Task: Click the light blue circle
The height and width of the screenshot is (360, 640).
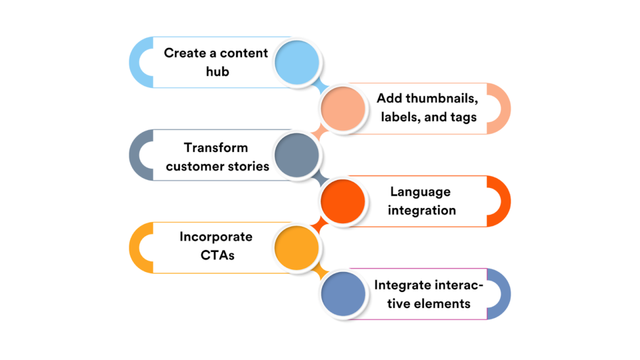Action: (x=297, y=62)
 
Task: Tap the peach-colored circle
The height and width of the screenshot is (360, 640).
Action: (x=343, y=108)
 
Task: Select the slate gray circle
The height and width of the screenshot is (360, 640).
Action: (x=297, y=155)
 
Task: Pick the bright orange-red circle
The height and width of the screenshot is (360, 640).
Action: (x=343, y=201)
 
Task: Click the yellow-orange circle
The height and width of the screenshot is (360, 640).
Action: (x=297, y=247)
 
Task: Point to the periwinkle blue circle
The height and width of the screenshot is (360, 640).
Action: (x=343, y=294)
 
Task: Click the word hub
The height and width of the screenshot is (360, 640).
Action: (x=217, y=71)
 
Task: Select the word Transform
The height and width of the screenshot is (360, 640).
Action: (x=216, y=148)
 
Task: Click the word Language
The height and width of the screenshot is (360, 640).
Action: (x=420, y=192)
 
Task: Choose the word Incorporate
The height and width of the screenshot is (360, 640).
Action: (x=216, y=237)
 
